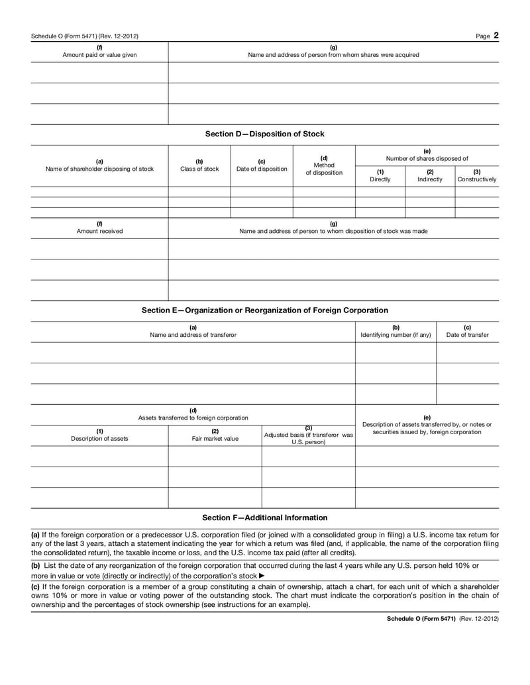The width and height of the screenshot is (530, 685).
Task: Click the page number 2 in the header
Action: pos(496,36)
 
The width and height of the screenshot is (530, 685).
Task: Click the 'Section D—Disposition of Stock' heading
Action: pos(264,134)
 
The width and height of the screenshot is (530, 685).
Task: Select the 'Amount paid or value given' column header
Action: pos(99,55)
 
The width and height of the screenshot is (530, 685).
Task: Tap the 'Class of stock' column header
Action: pos(199,169)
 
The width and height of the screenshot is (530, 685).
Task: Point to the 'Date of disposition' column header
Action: pos(262,169)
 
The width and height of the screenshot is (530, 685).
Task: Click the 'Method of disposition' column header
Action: pos(324,169)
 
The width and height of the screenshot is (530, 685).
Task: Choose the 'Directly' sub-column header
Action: pos(380,179)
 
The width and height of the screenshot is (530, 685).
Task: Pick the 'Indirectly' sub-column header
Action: pos(430,179)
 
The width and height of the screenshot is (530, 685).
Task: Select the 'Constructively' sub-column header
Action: pos(477,179)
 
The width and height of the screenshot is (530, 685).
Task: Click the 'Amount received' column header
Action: pos(99,231)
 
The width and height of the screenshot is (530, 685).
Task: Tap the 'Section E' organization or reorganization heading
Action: pos(264,310)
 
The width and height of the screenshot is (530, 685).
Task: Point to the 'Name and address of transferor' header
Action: pos(193,335)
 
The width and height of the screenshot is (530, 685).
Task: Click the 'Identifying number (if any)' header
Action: pos(396,335)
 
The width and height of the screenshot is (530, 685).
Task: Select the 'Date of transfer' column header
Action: pos(468,335)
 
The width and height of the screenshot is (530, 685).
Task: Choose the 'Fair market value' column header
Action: pos(215,438)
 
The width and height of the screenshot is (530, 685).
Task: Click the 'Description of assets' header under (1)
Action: pos(99,438)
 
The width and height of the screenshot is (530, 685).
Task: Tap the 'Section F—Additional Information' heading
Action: pos(264,518)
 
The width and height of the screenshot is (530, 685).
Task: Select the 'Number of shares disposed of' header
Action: pos(427,158)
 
